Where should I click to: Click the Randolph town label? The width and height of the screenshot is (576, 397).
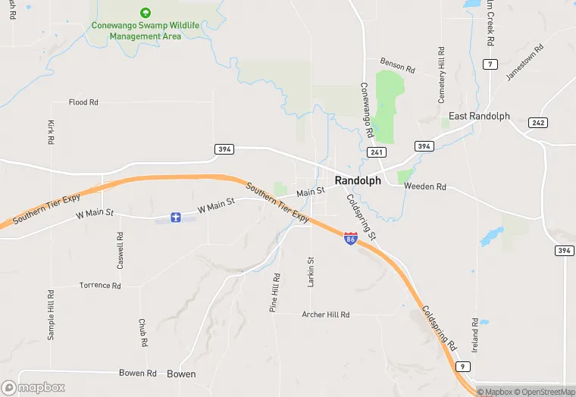point(358,180)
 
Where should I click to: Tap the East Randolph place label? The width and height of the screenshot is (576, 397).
point(479,116)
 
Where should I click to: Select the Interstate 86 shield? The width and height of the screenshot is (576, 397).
point(350,239)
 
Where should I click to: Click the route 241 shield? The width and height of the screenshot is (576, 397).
point(377,152)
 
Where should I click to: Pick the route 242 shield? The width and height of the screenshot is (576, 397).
point(538,123)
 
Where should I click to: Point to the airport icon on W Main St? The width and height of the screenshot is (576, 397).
point(175,218)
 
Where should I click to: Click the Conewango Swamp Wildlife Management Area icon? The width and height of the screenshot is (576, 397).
point(145,13)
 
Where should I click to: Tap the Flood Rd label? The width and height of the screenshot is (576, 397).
point(83,102)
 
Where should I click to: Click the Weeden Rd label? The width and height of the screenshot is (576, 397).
point(425,186)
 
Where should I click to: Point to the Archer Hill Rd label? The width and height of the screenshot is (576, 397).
point(325,314)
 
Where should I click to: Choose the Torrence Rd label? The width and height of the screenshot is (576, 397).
point(100,286)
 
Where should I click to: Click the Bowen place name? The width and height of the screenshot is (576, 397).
point(181,374)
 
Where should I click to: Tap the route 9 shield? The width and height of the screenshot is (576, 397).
point(462,367)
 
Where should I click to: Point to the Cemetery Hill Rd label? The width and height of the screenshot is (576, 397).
point(441,75)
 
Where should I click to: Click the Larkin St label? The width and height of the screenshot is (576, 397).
point(311,272)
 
